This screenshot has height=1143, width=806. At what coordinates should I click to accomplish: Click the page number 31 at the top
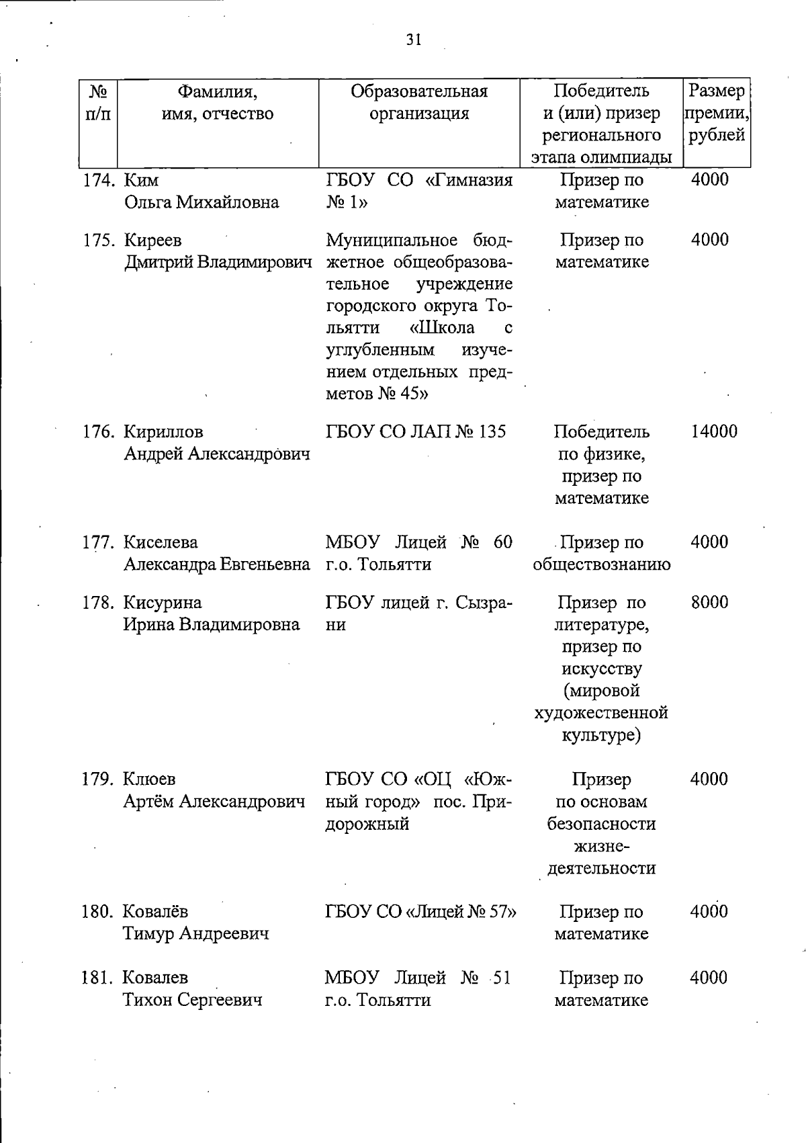pos(414,40)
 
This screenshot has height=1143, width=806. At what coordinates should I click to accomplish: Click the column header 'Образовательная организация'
pos(419,102)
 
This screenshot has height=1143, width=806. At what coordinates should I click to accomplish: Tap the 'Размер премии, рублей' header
pos(717,113)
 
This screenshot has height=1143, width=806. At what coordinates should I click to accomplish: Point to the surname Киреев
pos(152,240)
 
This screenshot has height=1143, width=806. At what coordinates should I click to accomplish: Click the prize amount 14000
pos(713,431)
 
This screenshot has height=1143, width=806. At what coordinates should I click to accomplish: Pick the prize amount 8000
pos(709,602)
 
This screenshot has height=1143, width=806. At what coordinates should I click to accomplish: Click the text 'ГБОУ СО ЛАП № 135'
pos(416,431)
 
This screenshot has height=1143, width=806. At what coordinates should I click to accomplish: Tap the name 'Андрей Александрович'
pos(217,454)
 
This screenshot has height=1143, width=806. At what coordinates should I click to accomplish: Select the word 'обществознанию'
pos(602,564)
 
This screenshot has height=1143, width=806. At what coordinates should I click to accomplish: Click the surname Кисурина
pos(162,602)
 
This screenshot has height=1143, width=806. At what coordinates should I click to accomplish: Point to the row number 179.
pos(101,779)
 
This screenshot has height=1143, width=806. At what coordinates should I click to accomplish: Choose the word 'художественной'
pos(602,713)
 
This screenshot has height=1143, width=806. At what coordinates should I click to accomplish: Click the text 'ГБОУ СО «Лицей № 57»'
pos(420,912)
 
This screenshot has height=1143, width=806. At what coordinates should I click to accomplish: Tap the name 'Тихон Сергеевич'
pos(192,1000)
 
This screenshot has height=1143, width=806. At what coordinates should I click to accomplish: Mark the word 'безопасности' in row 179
pos(602,824)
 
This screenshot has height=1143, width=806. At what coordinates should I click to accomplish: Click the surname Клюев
pos(149,779)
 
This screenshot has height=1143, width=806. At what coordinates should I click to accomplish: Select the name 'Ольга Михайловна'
pos(201,202)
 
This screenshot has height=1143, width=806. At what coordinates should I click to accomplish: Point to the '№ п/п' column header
pos(98,102)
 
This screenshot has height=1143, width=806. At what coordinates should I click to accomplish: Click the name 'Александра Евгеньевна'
pos(217,564)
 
